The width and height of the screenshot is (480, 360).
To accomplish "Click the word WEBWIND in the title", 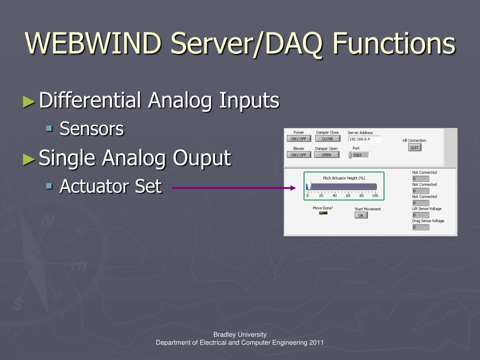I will coord(94,43).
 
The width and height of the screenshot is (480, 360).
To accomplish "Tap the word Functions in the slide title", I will coord(394,43).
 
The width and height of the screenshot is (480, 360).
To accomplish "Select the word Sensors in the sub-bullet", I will coord(92,129).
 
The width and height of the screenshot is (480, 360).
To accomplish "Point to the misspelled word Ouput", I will coord(202,158).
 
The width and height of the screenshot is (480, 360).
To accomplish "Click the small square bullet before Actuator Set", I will coord(49,186).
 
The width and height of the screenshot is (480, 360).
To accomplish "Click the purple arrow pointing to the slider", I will coord(234,188).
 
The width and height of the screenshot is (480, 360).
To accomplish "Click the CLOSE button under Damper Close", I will coord(327,139).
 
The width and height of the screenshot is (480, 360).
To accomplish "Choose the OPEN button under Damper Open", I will coord(326,155).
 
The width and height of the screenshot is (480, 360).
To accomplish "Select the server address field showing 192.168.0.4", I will coord(364,139).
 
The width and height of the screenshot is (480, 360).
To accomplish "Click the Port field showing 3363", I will coord(360,155).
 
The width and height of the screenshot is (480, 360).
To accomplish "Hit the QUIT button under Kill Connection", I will coord(414,147).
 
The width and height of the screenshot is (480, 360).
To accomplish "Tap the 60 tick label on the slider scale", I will coord(348,195).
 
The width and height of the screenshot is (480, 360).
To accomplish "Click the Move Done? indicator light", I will coord(323,213).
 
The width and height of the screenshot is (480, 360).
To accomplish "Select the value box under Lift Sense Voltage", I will coord(420,215).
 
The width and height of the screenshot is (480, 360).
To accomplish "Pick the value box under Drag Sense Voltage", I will coord(420,227).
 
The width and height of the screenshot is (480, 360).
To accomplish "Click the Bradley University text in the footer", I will coord(240,334).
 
